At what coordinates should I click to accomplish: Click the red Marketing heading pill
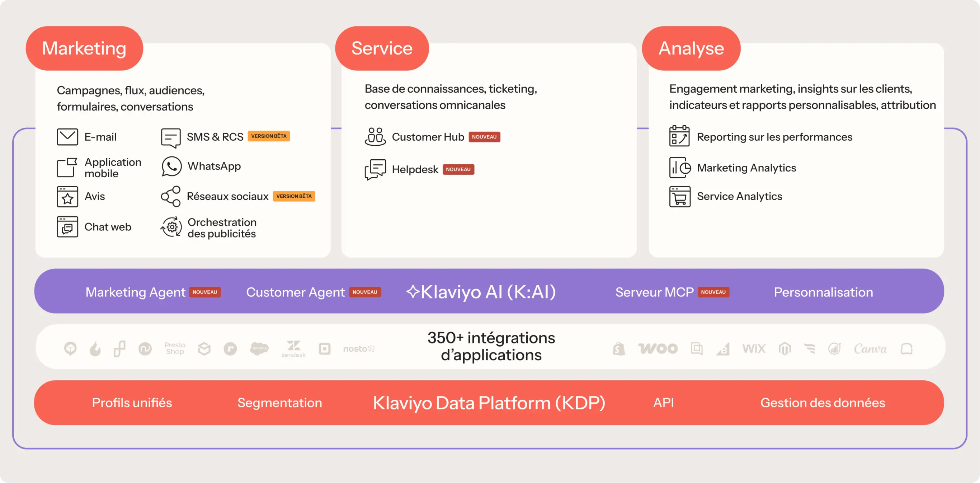click(84, 48)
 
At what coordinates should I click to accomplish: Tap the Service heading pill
click(382, 48)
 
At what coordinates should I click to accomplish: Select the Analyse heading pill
click(691, 48)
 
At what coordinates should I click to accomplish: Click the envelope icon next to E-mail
click(67, 137)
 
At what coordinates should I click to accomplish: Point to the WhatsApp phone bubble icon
click(171, 167)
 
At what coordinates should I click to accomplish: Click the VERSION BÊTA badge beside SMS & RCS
click(269, 136)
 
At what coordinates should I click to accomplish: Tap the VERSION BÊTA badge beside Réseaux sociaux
click(294, 196)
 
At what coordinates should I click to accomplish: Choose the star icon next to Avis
click(67, 197)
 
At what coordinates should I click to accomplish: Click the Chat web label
click(108, 227)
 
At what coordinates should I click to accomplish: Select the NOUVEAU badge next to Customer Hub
click(484, 137)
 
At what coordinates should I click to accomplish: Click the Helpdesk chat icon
click(375, 169)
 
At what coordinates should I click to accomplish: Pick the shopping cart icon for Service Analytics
click(679, 197)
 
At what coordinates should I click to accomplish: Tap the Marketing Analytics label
click(746, 168)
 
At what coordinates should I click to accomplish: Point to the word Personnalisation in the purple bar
click(823, 292)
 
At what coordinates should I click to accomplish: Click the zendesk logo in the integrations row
click(293, 349)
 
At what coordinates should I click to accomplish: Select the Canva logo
click(870, 349)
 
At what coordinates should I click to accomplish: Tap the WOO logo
click(658, 349)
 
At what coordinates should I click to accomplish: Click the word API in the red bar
click(663, 402)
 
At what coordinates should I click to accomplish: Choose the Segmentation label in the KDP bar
click(280, 403)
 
